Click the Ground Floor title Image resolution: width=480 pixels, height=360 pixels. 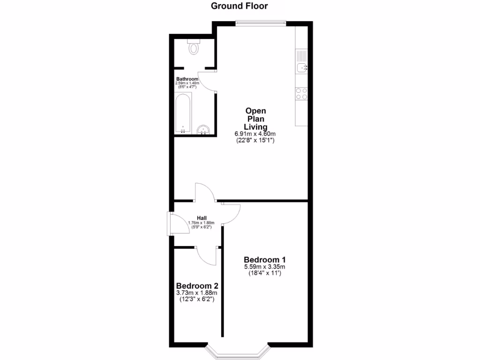239,6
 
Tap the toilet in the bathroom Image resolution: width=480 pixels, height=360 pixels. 193,46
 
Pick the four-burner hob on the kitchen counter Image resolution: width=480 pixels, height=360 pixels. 301,94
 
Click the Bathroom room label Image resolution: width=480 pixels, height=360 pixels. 187,79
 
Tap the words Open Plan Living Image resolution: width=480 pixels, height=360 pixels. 255,119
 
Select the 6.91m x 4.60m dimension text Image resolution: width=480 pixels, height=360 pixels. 255,134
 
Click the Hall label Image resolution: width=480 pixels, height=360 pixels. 202,217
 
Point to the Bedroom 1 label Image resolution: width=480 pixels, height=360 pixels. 265,260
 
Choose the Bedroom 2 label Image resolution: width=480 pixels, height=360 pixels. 197,285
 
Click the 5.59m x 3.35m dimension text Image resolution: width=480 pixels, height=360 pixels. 265,267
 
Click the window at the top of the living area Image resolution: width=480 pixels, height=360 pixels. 261,22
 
